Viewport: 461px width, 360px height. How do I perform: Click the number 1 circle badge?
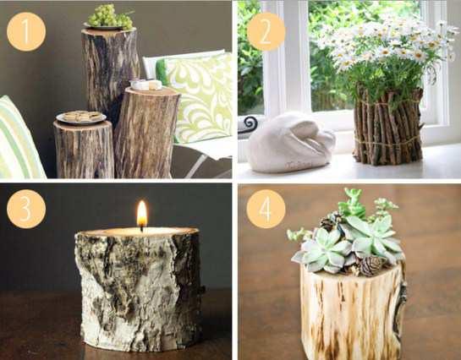pos(26,32)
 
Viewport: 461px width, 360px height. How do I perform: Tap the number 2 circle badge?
pos(266,32)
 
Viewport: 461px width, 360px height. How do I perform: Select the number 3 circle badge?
pos(26,209)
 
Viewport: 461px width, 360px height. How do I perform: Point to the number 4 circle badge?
pos(266,209)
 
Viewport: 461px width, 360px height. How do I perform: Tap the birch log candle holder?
pos(139,288)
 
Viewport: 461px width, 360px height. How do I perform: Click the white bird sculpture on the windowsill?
pos(290,143)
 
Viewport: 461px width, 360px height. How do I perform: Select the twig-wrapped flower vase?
pos(388,124)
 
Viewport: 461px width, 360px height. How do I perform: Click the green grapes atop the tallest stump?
pos(109,15)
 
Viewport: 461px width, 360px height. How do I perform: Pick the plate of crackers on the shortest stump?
pos(81,117)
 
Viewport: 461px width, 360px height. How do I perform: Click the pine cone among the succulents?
pos(370,265)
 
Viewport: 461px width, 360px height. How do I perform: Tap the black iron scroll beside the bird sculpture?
pos(249,125)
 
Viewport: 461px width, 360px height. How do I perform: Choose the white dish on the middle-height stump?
pos(146,85)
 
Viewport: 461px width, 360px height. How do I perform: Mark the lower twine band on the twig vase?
pos(388,141)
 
